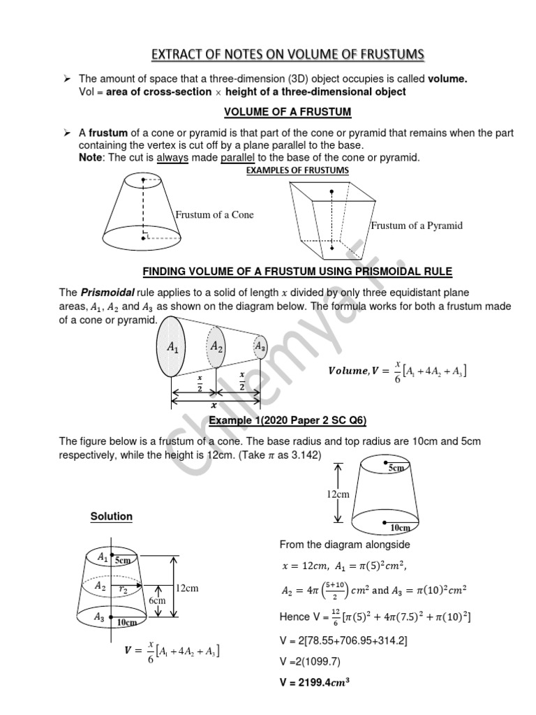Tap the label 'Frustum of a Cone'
(214, 215)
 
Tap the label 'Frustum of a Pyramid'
(417, 226)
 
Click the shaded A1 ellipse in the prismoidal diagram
(172, 346)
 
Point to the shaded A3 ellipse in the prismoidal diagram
(260, 346)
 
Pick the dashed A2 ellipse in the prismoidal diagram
(217, 347)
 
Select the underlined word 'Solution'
(111, 517)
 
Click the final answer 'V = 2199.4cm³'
(314, 685)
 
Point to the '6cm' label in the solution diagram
(157, 601)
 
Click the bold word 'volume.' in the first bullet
(447, 80)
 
